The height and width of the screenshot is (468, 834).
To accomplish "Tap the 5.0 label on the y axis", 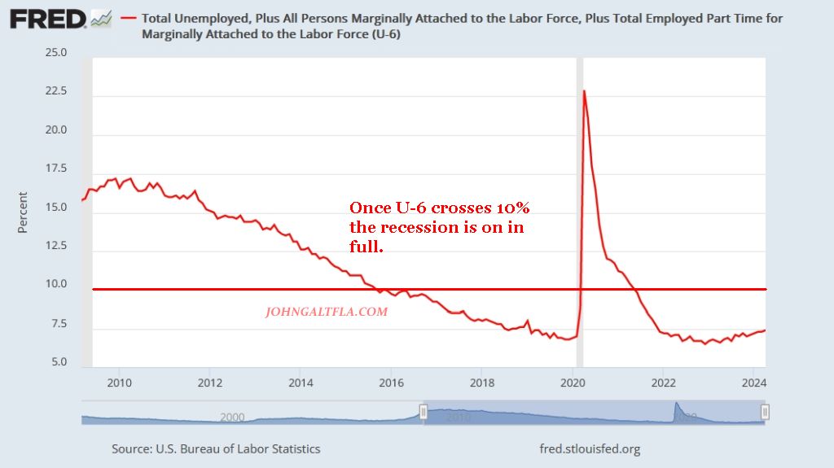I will [59, 362].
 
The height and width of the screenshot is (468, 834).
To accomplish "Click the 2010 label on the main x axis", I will [120, 383].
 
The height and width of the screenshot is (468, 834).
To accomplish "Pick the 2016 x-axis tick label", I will [392, 383].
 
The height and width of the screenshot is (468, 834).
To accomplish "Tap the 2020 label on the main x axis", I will [573, 383].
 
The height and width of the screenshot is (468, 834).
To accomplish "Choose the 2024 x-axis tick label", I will [754, 383].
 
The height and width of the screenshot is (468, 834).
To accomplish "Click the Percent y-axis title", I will [23, 212].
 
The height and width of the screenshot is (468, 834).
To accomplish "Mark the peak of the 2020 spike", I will [584, 91].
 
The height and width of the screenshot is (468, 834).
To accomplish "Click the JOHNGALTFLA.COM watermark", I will [327, 311].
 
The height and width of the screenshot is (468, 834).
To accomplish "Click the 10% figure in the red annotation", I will [511, 208].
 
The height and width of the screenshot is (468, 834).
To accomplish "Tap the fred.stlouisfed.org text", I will [590, 448].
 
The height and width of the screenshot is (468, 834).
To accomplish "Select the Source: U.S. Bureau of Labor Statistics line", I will [216, 448].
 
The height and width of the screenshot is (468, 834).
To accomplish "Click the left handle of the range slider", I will [423, 413].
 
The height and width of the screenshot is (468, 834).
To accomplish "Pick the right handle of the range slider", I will [765, 413].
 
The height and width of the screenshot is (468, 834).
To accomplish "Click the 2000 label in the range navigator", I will [232, 417].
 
